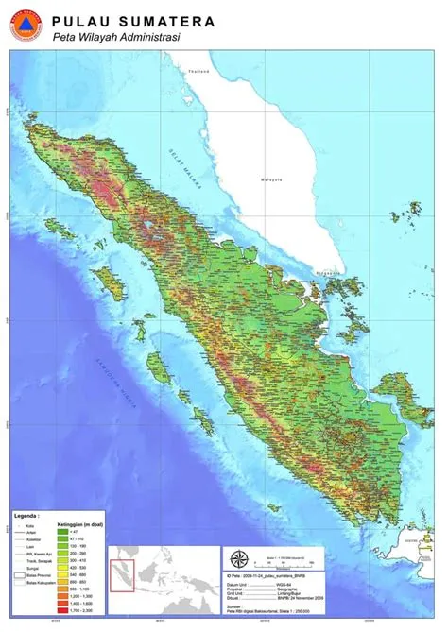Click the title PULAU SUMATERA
(x=133, y=21)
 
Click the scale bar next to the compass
(x=293, y=559)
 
